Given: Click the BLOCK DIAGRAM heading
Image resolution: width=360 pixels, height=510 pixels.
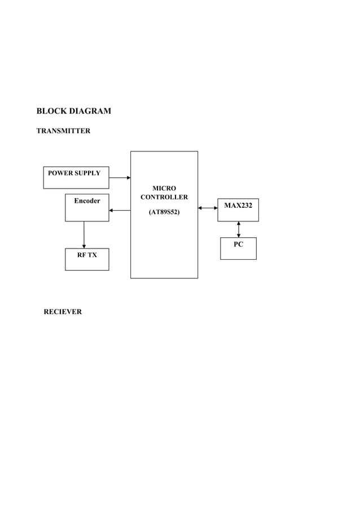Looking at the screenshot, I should [73, 111].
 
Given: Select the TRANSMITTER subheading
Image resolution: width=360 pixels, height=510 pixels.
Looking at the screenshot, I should [63, 131].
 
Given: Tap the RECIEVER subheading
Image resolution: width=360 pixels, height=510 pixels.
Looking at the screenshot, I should [63, 312].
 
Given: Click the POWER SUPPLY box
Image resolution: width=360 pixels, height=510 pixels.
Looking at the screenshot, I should [76, 177].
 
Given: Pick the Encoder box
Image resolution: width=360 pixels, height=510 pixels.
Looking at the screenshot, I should [87, 208].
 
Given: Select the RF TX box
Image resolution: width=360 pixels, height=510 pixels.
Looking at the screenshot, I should [87, 259].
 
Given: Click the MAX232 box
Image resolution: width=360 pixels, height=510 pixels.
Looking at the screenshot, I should [238, 210].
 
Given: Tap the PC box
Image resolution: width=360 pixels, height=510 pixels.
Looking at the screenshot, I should [238, 249].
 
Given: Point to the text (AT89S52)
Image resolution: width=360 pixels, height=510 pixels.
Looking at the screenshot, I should [164, 212].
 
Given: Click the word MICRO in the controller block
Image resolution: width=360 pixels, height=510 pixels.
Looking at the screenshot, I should [164, 188].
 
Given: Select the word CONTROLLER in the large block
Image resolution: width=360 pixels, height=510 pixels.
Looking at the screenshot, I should [164, 197].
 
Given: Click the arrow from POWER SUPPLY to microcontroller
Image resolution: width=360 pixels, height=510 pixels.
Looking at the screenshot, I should [120, 177].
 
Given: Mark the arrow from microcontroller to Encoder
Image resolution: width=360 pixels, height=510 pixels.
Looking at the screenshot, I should [120, 211].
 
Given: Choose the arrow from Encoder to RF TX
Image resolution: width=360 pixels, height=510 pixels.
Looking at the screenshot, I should [84, 234].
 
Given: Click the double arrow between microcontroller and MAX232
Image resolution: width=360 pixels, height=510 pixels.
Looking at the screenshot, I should [208, 208].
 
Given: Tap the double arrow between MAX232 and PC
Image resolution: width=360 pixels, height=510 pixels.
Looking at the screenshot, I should [239, 229].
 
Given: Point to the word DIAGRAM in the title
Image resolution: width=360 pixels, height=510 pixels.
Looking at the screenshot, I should [90, 111].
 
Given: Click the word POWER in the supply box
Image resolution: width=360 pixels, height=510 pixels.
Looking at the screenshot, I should [60, 173].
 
